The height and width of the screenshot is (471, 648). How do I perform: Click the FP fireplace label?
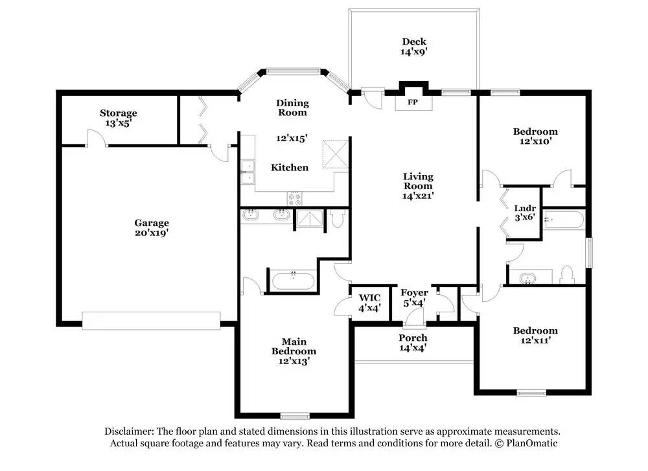point(412,102)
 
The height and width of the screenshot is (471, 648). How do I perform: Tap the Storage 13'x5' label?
point(118,118)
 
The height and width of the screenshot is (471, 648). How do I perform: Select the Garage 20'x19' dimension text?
point(152,233)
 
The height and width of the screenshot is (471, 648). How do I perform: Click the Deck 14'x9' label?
point(413,46)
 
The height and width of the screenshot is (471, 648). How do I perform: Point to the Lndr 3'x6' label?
point(525,213)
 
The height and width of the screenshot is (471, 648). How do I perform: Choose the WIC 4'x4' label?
point(369,303)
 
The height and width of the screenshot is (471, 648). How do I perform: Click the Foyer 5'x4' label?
point(414,298)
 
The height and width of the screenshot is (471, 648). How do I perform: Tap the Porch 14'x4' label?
point(413,343)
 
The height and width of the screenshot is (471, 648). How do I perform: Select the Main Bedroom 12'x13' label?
point(294,351)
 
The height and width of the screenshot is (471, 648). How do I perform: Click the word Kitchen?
point(290,167)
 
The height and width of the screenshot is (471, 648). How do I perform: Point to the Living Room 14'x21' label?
point(418,186)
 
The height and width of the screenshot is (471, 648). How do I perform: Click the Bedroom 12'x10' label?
point(535,136)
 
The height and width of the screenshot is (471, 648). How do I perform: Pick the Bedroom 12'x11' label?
point(535,335)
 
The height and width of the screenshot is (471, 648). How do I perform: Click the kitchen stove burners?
point(294,199)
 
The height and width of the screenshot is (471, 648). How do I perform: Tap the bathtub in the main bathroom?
point(293,281)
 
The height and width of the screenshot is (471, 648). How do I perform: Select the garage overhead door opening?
point(151,321)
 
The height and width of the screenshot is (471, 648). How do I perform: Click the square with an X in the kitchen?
point(335,154)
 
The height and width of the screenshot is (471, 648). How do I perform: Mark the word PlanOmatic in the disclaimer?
point(531,443)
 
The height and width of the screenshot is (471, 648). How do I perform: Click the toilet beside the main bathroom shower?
point(337,218)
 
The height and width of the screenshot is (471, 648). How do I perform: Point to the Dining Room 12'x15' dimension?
point(292,138)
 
